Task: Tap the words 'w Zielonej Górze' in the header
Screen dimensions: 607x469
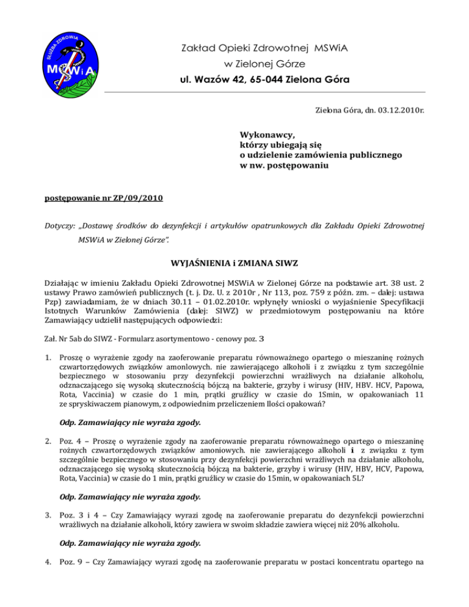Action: (x=255, y=64)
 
